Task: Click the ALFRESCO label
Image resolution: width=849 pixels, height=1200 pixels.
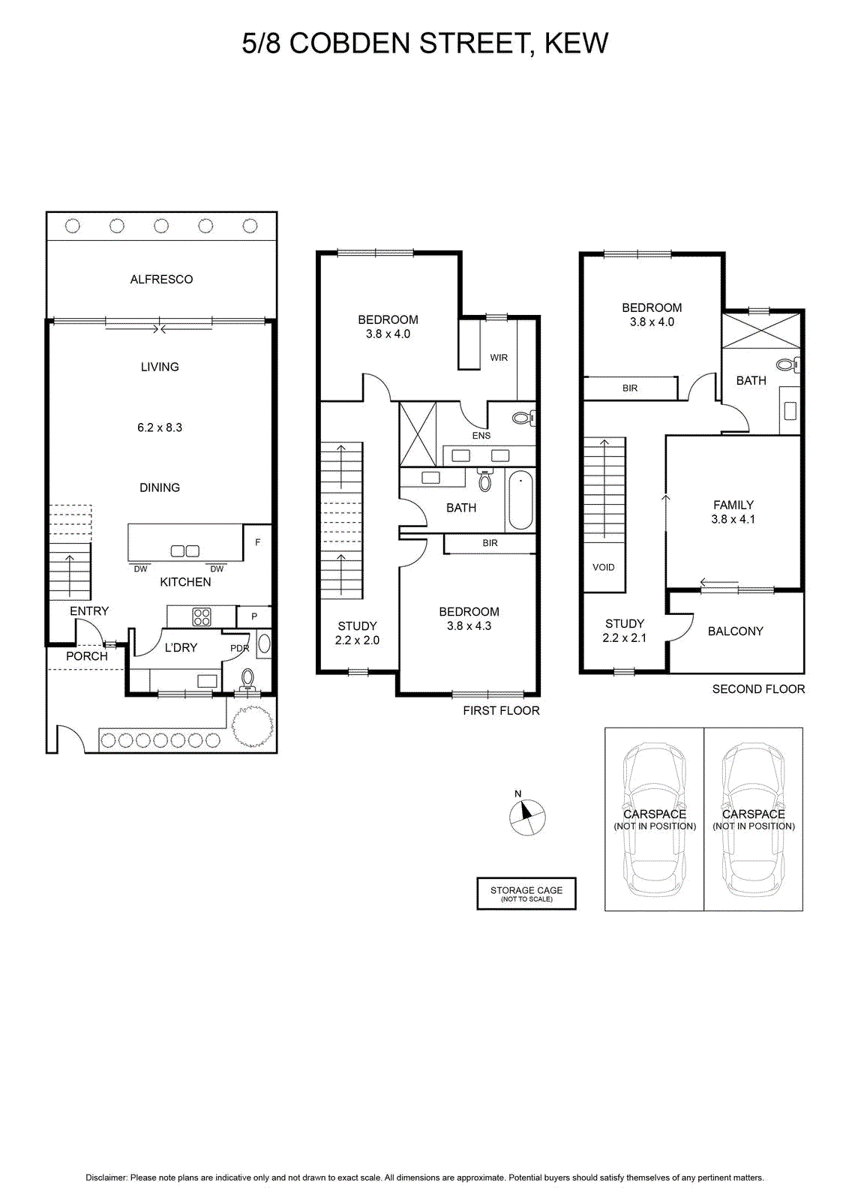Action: pyautogui.click(x=161, y=279)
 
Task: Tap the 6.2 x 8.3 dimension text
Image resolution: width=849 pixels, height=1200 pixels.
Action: pyautogui.click(x=160, y=427)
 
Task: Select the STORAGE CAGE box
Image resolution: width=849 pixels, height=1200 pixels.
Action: pyautogui.click(x=526, y=893)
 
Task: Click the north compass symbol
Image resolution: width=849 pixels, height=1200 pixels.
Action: pyautogui.click(x=527, y=817)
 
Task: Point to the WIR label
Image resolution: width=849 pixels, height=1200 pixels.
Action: pyautogui.click(x=499, y=357)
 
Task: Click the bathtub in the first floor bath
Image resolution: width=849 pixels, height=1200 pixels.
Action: pyautogui.click(x=520, y=500)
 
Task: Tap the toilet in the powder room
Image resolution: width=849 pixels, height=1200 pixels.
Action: pyautogui.click(x=247, y=679)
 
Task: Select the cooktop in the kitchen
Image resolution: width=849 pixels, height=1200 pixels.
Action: pyautogui.click(x=202, y=616)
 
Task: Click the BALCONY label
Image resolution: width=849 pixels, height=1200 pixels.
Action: pyautogui.click(x=736, y=631)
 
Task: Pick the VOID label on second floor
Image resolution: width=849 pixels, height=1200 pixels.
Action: pyautogui.click(x=604, y=567)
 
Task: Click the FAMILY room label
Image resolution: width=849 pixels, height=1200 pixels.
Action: pyautogui.click(x=733, y=505)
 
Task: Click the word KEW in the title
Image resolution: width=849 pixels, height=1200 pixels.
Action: pyautogui.click(x=576, y=43)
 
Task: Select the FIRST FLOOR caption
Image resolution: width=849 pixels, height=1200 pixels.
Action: pyautogui.click(x=501, y=710)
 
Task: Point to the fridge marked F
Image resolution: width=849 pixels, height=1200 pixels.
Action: pyautogui.click(x=258, y=542)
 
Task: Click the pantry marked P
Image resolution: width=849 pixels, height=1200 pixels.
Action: pyautogui.click(x=254, y=616)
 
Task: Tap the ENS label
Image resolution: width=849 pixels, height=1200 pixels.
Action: pyautogui.click(x=481, y=436)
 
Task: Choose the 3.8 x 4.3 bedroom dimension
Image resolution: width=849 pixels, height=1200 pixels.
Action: pyautogui.click(x=469, y=625)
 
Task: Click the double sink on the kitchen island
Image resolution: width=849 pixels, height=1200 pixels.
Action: pyautogui.click(x=184, y=550)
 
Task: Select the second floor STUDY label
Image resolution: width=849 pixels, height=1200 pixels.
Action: pyautogui.click(x=625, y=623)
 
